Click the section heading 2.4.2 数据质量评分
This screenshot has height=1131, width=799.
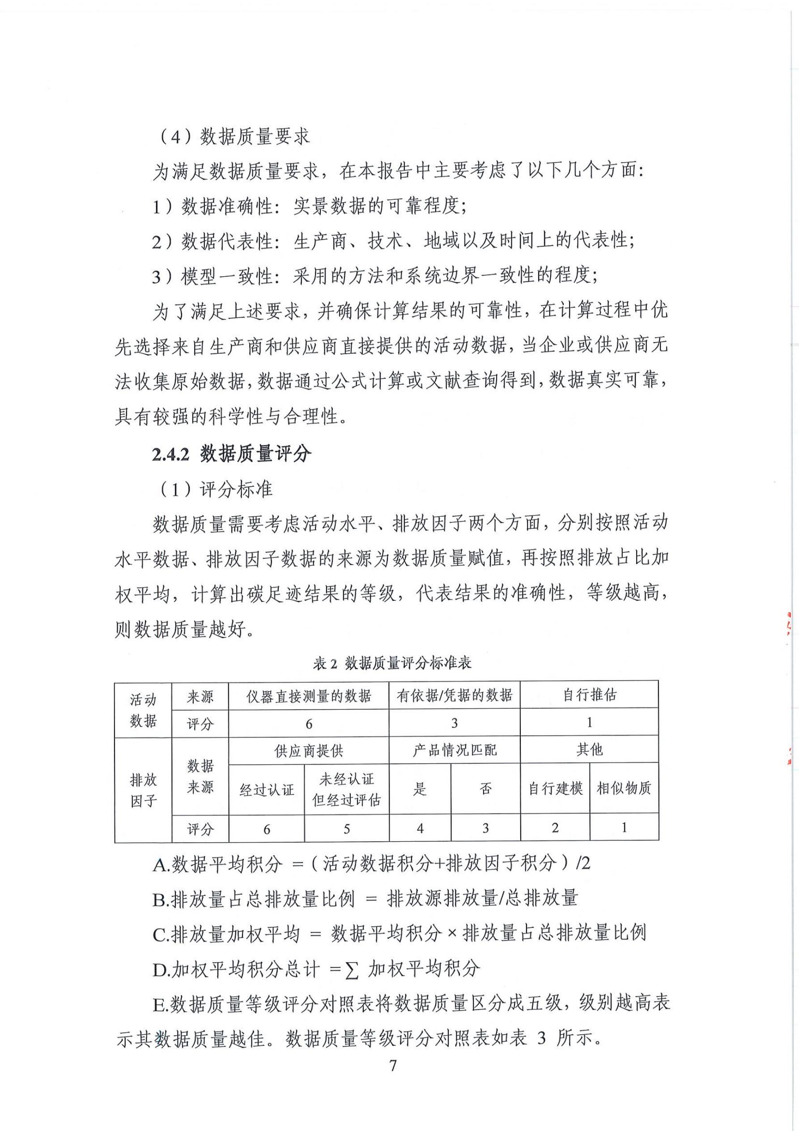(x=231, y=454)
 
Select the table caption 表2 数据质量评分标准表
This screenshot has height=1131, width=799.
(x=392, y=663)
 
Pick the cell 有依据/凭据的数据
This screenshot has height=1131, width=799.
(x=455, y=695)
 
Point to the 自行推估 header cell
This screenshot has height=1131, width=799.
(x=589, y=695)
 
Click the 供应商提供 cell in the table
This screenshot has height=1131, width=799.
(x=309, y=751)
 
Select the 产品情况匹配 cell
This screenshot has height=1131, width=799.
(x=455, y=750)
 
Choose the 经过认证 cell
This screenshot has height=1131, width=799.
(x=266, y=790)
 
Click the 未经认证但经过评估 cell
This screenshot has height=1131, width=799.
(x=347, y=790)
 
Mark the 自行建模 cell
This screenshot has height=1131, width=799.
(x=555, y=788)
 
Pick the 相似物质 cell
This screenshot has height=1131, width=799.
(x=624, y=788)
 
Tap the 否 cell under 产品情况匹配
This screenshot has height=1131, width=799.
(x=485, y=789)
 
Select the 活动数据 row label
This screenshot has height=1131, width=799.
(x=143, y=710)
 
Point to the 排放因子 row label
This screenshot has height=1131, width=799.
(x=143, y=790)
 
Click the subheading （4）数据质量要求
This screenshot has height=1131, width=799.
(x=235, y=137)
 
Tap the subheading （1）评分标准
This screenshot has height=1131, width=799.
(x=217, y=489)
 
